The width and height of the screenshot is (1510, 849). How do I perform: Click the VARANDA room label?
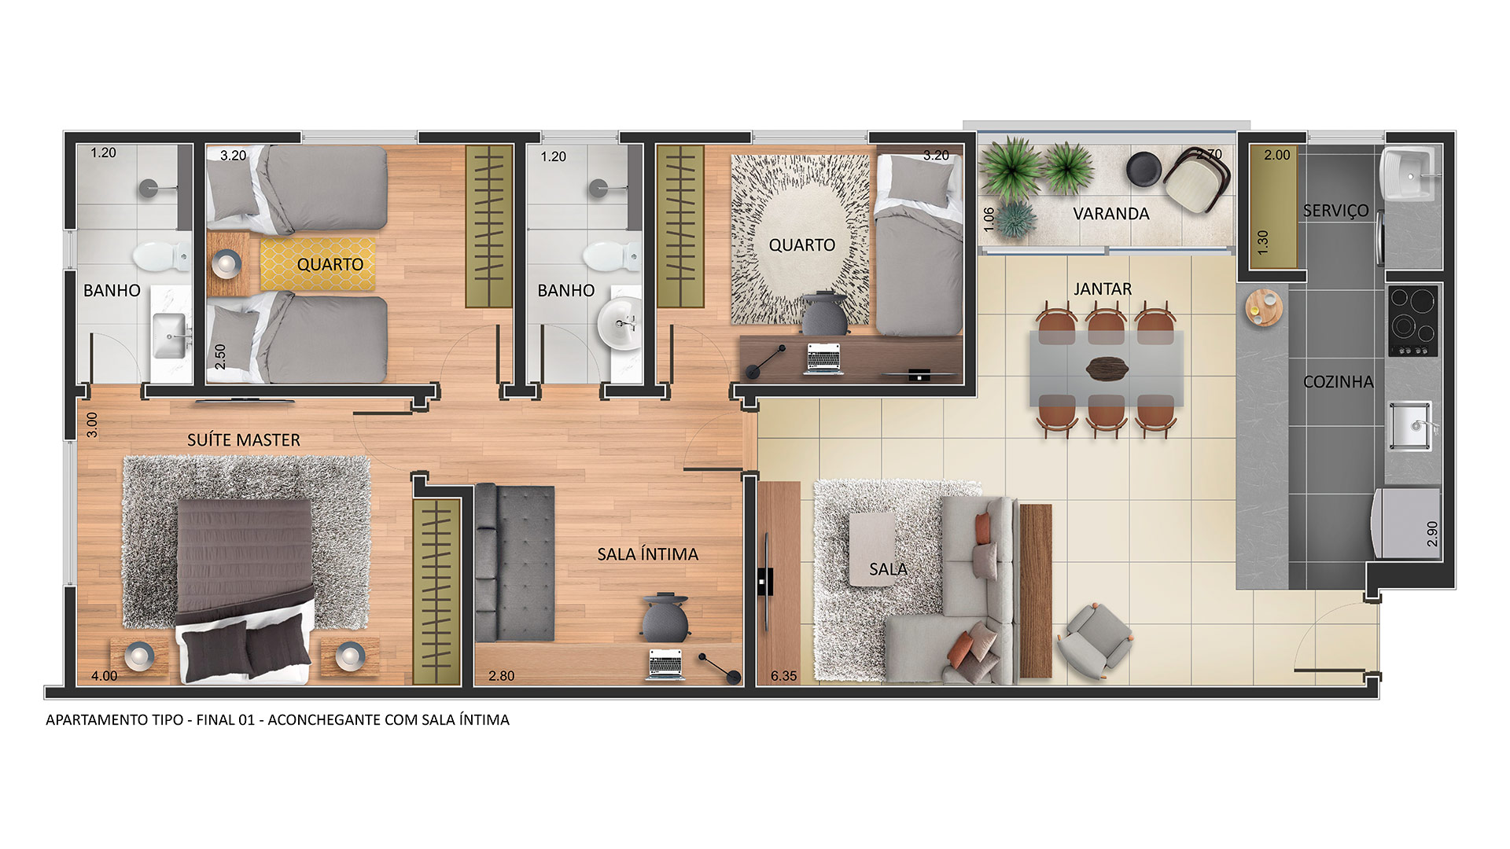1110,214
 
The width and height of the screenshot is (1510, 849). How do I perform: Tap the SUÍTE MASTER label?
244,440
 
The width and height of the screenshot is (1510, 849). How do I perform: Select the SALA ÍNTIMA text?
648,554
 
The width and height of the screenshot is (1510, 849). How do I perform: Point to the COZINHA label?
1339,382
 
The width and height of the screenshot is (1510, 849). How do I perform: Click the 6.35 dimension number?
783,675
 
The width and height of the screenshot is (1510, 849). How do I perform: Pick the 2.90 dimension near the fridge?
1432,534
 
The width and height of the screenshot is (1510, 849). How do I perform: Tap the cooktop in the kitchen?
1413,321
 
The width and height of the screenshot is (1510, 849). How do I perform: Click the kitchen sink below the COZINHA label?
1410,426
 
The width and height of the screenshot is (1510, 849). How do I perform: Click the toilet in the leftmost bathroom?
160,255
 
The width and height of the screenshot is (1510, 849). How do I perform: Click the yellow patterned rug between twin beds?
318,264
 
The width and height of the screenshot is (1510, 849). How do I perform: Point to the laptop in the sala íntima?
665,664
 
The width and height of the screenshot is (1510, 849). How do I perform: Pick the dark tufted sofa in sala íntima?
515,562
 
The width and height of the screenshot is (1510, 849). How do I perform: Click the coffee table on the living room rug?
872,549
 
